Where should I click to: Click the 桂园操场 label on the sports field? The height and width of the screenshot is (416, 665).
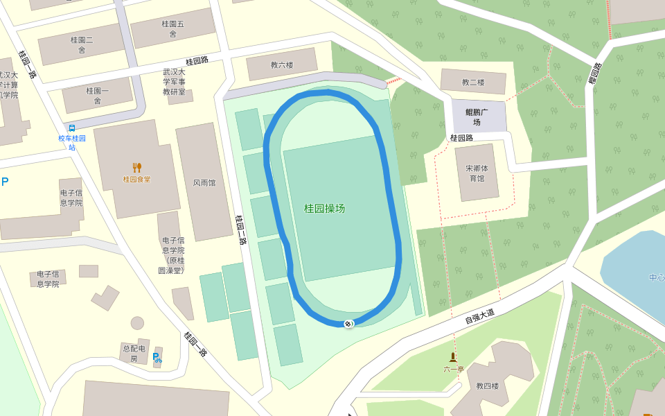click(324, 208)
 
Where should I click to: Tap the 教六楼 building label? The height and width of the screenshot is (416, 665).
click(281, 65)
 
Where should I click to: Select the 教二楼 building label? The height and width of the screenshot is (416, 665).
click(473, 83)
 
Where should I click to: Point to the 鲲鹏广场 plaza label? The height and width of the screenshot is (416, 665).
click(477, 116)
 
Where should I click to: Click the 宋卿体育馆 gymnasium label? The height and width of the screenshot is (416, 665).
click(476, 173)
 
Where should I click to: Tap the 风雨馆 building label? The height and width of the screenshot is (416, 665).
click(204, 183)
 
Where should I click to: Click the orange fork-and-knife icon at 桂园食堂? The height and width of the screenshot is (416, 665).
click(137, 167)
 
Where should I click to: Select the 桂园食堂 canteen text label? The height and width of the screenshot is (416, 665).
click(137, 180)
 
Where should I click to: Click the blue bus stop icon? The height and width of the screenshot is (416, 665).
click(72, 128)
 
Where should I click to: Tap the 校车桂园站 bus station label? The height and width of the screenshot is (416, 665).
click(72, 142)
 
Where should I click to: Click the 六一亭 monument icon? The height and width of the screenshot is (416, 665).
click(453, 357)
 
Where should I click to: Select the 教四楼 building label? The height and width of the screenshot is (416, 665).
click(487, 385)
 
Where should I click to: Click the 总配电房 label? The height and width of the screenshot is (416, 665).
click(133, 353)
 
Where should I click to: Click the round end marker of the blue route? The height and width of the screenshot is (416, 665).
click(349, 324)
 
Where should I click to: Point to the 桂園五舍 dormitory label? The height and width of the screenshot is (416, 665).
click(173, 28)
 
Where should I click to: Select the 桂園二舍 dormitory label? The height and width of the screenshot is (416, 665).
click(82, 44)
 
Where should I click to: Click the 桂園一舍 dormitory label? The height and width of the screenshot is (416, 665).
click(98, 95)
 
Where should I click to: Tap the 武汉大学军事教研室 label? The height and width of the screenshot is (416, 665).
click(174, 81)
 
